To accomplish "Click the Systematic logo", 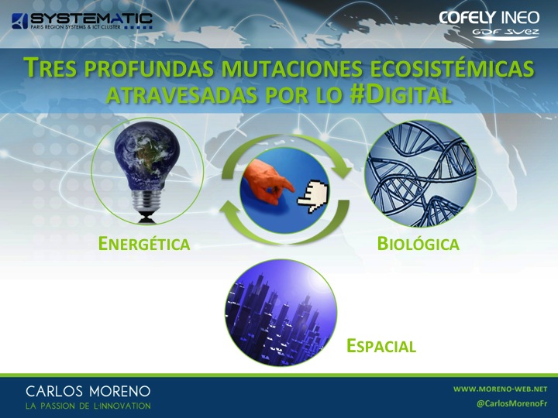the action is pos(82,21).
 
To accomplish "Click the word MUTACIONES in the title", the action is pos(291,68).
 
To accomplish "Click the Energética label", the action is pos(144,244).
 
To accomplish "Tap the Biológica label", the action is pos(418,244).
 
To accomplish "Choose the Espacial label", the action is pos(381,346).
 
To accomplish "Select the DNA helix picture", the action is pos(421,173).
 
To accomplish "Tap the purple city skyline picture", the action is pos(281,313).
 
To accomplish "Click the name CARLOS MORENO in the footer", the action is pos(88,392).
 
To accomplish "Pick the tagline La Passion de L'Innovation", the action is pos(88,406).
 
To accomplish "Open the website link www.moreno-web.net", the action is pos(500,389).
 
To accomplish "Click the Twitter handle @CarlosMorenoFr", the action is pos(511,403).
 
